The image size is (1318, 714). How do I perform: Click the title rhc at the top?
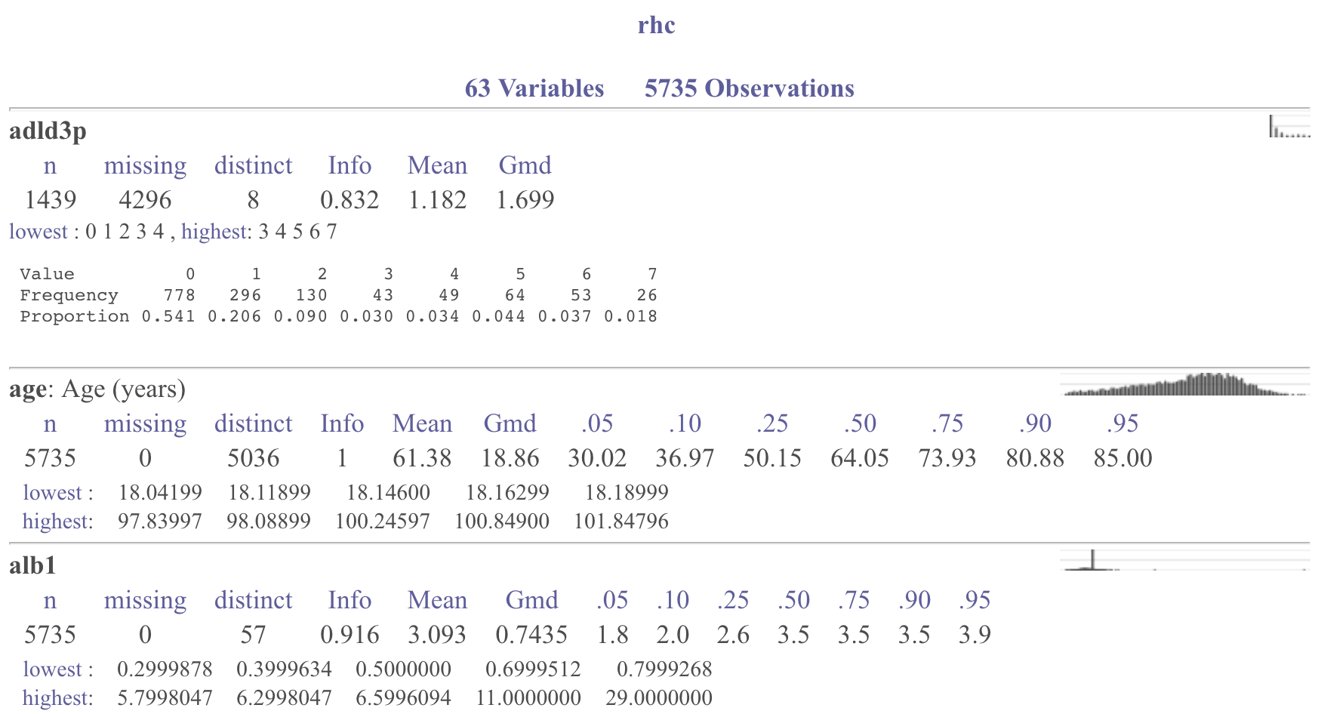[656, 25]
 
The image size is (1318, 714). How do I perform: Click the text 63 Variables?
[534, 88]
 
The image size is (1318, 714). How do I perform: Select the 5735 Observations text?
[749, 88]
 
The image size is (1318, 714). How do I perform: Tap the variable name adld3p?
[48, 131]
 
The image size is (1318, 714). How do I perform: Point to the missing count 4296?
[145, 199]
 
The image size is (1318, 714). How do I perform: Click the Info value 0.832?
[349, 199]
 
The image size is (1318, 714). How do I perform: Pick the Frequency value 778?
[180, 295]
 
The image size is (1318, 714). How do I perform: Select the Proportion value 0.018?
[630, 316]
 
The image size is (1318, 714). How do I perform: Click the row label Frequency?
[69, 295]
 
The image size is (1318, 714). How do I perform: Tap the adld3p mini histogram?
[1289, 127]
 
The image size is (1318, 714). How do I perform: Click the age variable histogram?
[1184, 384]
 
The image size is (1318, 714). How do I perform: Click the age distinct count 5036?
[253, 457]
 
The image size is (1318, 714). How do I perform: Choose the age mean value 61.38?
[422, 457]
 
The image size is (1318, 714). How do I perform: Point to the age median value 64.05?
[859, 457]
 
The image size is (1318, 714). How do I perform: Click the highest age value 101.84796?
[621, 521]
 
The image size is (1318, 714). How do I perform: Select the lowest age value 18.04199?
[160, 492]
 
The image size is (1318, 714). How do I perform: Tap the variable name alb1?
[32, 565]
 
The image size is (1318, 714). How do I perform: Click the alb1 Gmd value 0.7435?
[531, 634]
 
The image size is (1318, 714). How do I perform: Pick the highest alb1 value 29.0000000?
[658, 697]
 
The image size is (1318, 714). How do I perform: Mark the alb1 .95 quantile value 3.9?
[974, 634]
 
